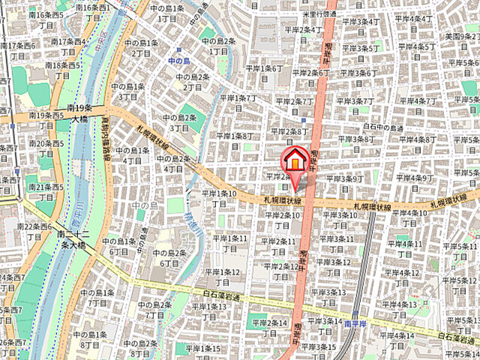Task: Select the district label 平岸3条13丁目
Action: point(330,297)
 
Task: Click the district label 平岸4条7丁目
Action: point(415,106)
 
